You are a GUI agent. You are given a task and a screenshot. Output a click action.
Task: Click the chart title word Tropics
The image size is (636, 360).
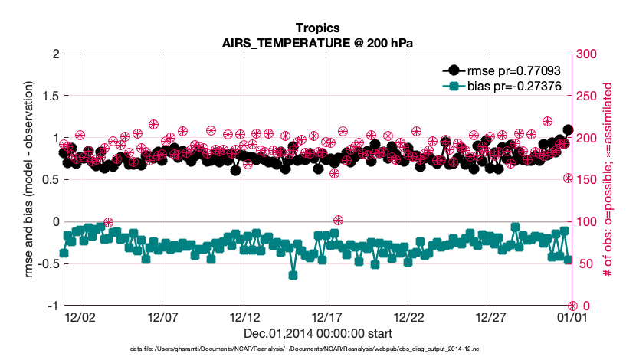(x=317, y=28)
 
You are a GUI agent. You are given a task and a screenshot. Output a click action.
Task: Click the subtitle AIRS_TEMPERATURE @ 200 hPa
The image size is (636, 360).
(x=317, y=43)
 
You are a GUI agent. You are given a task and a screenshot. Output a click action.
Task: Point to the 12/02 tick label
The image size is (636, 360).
(x=80, y=316)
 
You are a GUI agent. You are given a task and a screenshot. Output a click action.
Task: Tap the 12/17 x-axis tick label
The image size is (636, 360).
(x=326, y=316)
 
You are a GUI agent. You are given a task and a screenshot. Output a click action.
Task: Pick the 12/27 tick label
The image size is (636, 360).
(x=490, y=316)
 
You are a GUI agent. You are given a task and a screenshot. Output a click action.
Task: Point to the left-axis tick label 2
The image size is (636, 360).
(x=54, y=54)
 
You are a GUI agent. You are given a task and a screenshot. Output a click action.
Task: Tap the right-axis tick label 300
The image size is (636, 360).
(x=588, y=54)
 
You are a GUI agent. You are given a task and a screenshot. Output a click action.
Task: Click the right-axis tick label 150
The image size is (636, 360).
(x=588, y=180)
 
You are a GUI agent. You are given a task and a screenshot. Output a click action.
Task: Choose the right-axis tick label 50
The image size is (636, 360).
(x=585, y=263)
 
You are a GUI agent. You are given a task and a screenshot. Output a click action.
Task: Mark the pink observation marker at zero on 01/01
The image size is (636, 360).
(x=572, y=305)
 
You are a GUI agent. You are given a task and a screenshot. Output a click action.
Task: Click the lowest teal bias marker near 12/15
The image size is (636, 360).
(x=293, y=275)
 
